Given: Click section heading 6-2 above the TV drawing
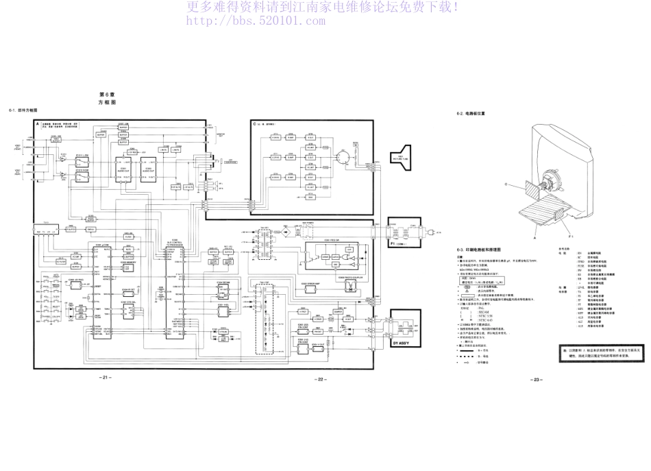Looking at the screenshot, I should (471, 114).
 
